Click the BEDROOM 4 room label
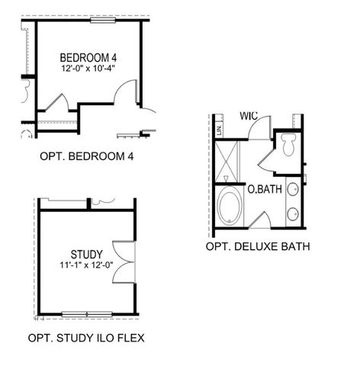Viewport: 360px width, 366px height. [89, 58]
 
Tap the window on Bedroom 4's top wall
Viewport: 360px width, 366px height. [101, 20]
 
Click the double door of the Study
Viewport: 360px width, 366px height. [123, 262]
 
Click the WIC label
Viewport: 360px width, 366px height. [248, 117]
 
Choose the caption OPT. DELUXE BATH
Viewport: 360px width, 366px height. [257, 246]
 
